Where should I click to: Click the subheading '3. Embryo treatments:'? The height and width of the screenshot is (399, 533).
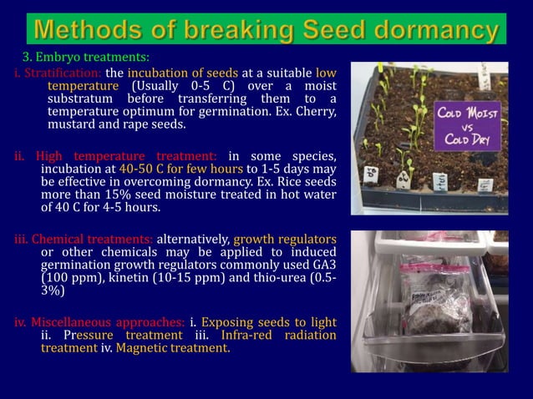[x=85, y=58]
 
